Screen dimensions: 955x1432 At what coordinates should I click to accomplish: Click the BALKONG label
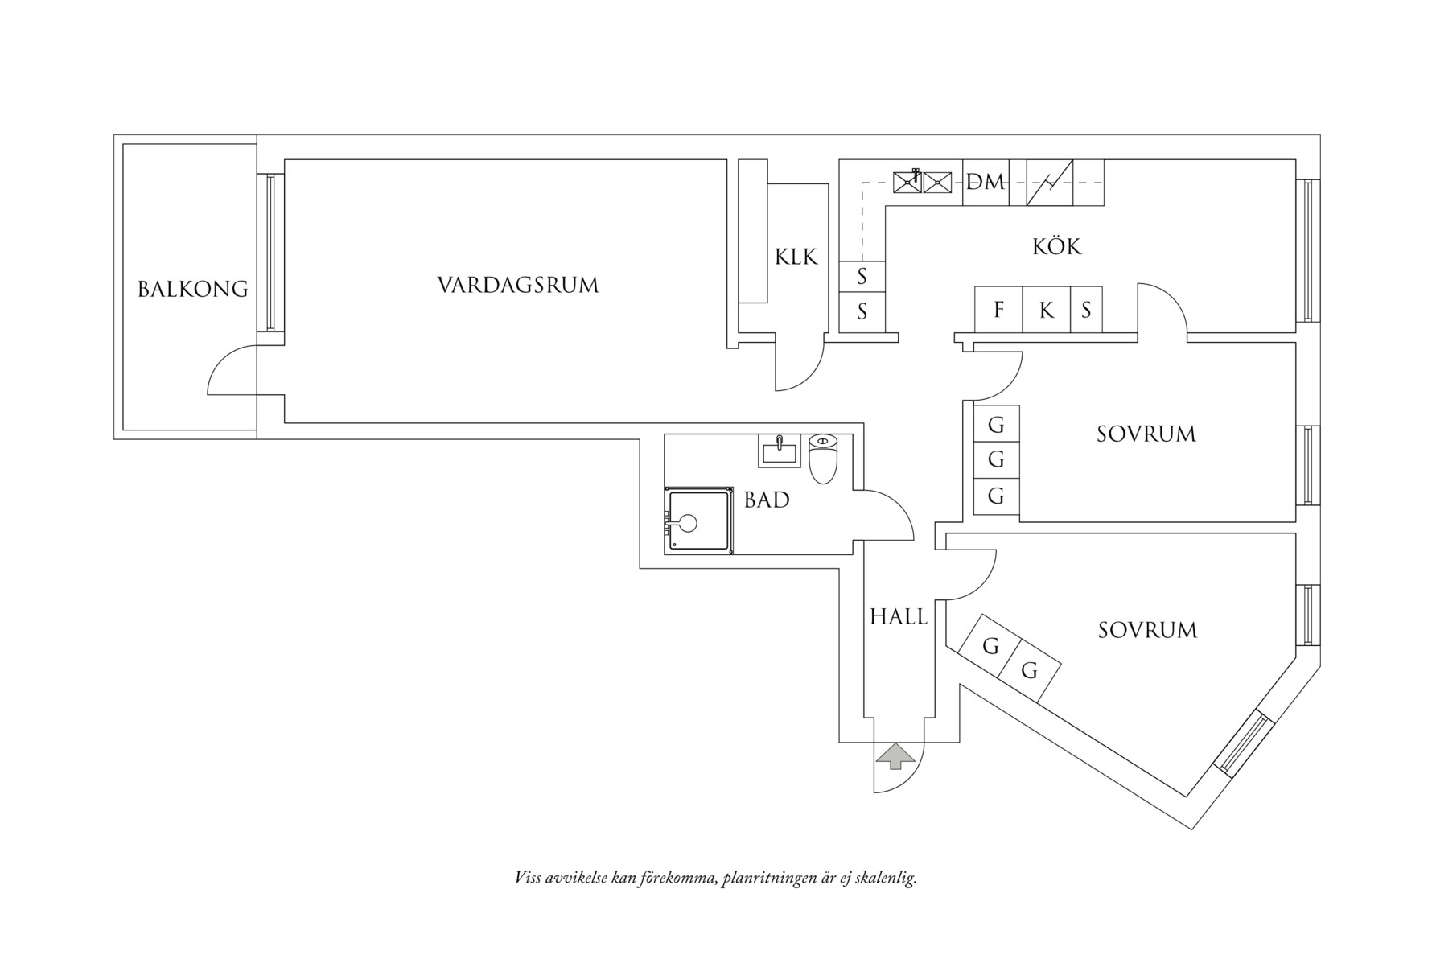193,289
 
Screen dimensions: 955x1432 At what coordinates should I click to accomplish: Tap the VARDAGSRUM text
518,285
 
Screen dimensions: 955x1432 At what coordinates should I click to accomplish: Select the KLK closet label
796,257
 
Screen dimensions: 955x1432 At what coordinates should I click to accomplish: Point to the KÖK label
1056,246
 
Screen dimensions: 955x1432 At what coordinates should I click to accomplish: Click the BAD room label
766,500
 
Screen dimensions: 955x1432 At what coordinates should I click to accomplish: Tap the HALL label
898,617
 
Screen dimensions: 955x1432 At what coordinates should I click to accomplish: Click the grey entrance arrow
895,756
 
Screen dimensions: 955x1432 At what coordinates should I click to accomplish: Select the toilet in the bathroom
822,458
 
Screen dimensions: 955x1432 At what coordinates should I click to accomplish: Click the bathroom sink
779,451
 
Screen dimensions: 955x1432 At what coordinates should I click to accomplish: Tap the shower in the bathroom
698,521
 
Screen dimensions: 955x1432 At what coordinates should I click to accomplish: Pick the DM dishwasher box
986,183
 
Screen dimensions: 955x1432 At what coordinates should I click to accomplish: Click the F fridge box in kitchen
998,310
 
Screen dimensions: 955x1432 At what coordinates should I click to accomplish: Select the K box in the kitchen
1046,310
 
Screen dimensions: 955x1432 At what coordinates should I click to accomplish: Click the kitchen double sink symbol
922,183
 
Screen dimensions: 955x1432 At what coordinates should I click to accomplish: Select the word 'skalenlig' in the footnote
886,878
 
